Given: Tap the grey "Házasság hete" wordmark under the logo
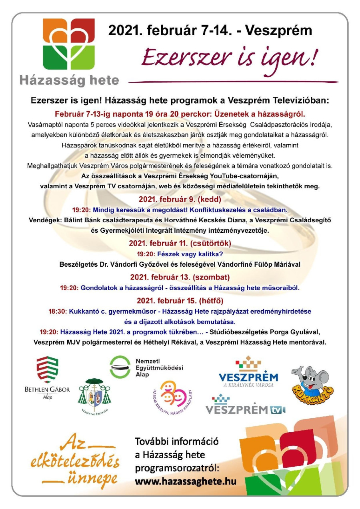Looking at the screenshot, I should click(69, 80).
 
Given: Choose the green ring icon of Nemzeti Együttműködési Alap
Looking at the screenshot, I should click(120, 367).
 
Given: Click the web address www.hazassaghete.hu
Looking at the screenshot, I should click(185, 481).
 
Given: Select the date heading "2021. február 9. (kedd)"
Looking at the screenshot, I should click(180, 199).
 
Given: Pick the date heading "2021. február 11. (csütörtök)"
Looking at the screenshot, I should click(180, 243).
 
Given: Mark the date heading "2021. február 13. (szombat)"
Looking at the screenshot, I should click(180, 277).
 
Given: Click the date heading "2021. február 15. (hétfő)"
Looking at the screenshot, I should click(180, 300).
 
